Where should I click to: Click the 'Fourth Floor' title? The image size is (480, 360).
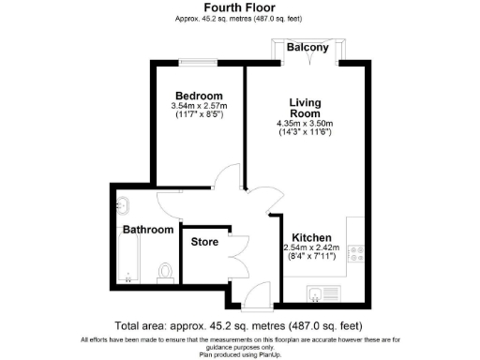coord(239,7)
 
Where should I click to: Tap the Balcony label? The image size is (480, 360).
coord(307,48)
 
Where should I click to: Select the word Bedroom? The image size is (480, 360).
coord(199,96)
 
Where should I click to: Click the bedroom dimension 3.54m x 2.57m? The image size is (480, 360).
coord(199,106)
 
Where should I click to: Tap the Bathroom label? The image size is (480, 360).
coord(147,230)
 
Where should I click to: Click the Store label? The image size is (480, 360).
coord(204,242)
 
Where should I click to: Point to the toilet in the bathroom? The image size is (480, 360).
coord(166,272)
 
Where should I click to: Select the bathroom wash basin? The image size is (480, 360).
coord(122,203)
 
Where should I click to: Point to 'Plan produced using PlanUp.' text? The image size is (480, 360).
coord(239,352)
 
